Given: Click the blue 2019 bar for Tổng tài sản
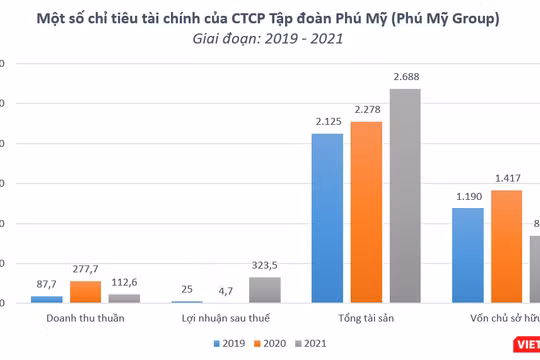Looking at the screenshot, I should click(327, 217).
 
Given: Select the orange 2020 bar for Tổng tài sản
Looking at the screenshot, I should click(366, 211).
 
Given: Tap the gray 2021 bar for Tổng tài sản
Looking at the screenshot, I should click(405, 195).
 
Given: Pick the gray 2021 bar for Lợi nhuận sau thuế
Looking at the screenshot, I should click(265, 289).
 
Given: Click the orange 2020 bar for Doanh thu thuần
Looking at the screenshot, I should click(85, 291).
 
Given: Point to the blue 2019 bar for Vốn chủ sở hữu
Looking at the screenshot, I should click(467, 254).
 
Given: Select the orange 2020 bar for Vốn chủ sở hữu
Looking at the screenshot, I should click(506, 246).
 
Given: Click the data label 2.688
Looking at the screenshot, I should click(406, 76).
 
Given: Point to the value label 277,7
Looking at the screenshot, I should click(86, 269).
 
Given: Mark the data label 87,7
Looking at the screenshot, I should click(46, 284).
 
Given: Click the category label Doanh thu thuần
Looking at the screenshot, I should click(85, 318).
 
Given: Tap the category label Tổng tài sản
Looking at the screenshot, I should click(366, 318).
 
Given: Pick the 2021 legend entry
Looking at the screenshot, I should click(310, 343).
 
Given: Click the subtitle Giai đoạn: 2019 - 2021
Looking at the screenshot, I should click(269, 39).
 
